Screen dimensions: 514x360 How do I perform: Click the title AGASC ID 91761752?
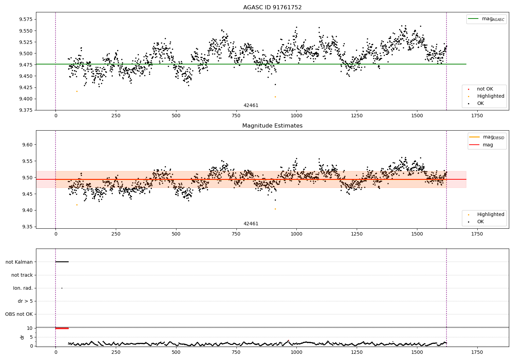272,7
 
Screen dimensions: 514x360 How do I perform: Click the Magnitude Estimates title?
272,125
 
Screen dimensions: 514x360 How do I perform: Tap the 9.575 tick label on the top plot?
26,19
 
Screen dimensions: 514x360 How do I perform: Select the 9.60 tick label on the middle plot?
27,145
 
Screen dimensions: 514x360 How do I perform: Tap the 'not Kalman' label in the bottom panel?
19,262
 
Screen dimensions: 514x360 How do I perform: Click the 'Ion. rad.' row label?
23,288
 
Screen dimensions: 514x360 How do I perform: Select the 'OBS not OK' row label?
19,314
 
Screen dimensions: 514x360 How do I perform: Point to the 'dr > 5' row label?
25,301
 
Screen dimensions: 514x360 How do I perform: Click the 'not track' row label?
22,275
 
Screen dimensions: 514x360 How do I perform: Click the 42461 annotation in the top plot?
251,105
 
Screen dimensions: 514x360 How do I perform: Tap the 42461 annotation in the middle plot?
251,224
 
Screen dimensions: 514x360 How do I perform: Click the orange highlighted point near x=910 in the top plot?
276,97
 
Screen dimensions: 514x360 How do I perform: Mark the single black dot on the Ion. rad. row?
62,288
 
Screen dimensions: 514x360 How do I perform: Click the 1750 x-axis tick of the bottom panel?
477,352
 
